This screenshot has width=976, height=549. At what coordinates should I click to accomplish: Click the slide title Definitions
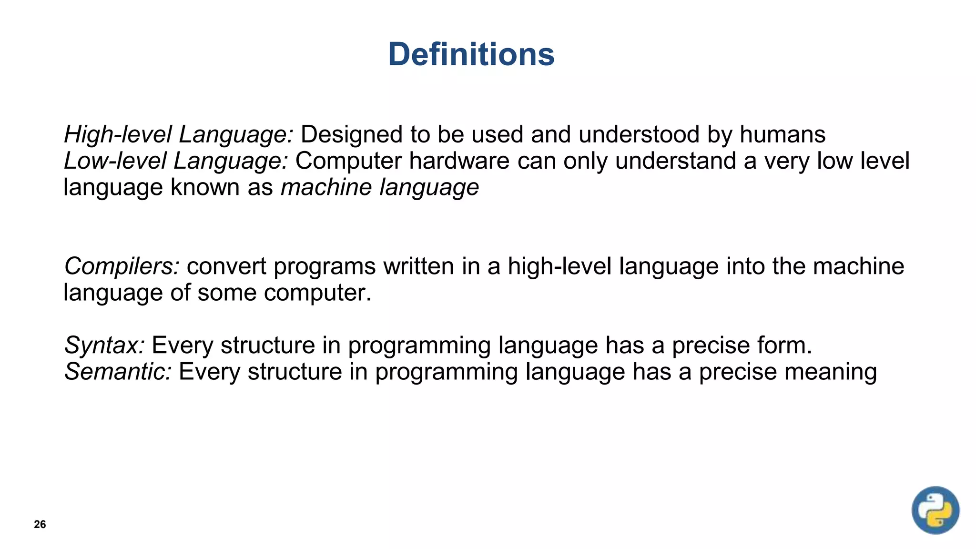[471, 54]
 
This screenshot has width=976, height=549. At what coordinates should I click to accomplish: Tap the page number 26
[40, 524]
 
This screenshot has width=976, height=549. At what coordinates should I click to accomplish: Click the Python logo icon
[935, 510]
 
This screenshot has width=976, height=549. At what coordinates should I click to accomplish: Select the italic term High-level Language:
[179, 134]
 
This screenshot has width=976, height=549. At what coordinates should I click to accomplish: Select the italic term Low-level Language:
[176, 161]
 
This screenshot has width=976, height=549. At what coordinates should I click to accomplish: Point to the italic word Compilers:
[122, 266]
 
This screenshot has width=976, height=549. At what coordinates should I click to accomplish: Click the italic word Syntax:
[104, 345]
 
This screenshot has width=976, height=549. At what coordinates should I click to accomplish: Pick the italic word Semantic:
[118, 372]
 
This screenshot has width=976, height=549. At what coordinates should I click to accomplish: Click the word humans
[782, 134]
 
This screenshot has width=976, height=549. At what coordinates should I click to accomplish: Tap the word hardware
[459, 161]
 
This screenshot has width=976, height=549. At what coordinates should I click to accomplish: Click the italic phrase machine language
[380, 187]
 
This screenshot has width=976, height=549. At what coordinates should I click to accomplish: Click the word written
[418, 266]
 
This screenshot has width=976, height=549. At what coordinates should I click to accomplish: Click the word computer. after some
[317, 292]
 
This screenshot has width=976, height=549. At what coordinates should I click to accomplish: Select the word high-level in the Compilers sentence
[559, 266]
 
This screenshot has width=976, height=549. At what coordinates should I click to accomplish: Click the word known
[205, 187]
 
